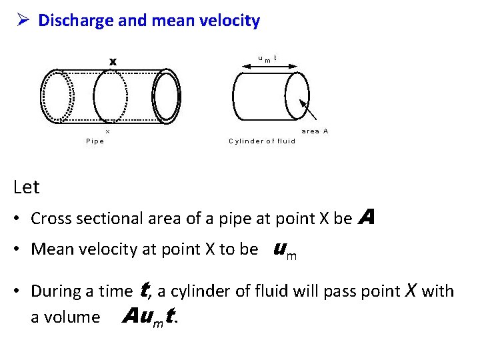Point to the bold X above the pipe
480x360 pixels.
coord(113,62)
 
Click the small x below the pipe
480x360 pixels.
coord(108,131)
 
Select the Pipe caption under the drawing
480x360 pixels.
coord(95,141)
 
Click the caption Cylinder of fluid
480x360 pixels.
coord(262,141)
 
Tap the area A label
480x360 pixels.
coord(315,131)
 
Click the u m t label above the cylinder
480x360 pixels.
coord(267,59)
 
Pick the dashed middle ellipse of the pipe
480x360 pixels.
coord(110,95)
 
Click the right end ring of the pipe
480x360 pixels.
coord(167,96)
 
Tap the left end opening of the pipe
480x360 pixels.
coord(57,96)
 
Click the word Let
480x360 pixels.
coord(27,187)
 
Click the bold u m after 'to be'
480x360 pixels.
coord(285,250)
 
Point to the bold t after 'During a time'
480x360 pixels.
coord(143,289)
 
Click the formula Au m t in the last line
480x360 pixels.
coord(151,317)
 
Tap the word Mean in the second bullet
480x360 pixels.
coord(51,249)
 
